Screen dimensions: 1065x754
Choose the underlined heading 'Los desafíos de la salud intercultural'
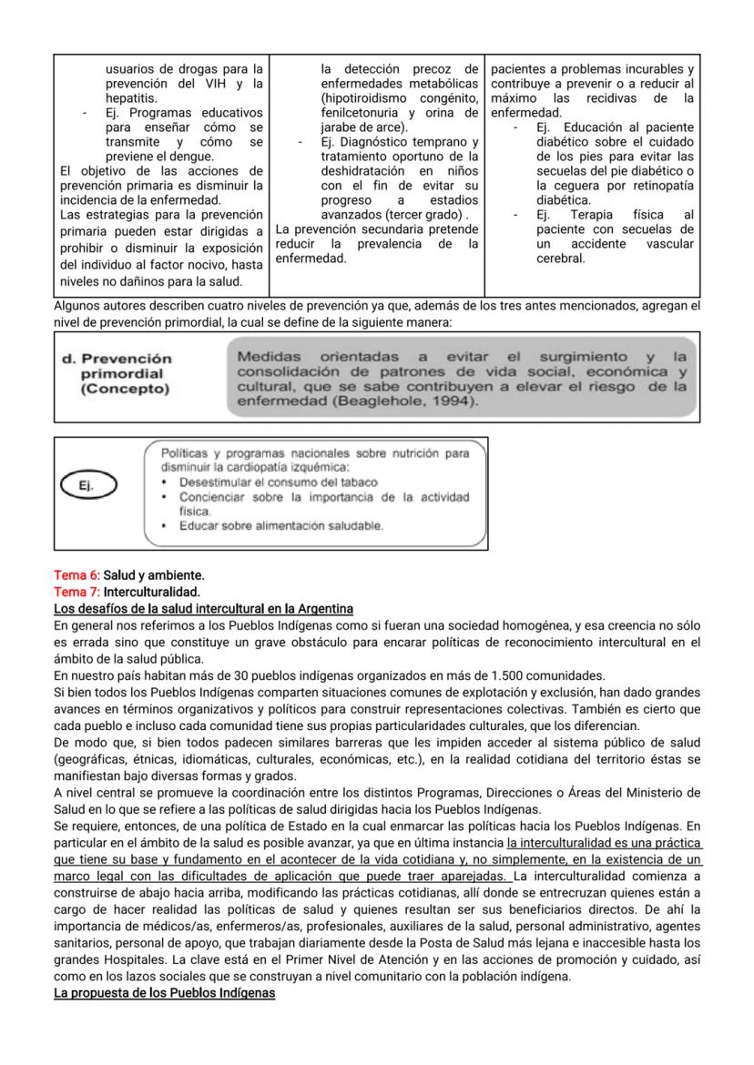pos(203,607)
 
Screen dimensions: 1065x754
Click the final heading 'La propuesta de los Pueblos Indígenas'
pos(164,991)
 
